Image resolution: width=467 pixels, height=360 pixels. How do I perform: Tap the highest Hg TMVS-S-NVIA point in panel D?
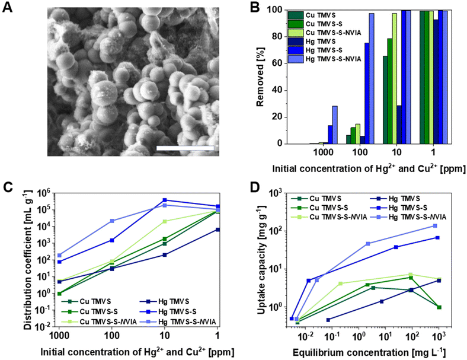point(435,226)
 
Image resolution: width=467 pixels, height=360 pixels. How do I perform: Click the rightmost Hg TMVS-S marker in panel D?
point(438,238)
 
